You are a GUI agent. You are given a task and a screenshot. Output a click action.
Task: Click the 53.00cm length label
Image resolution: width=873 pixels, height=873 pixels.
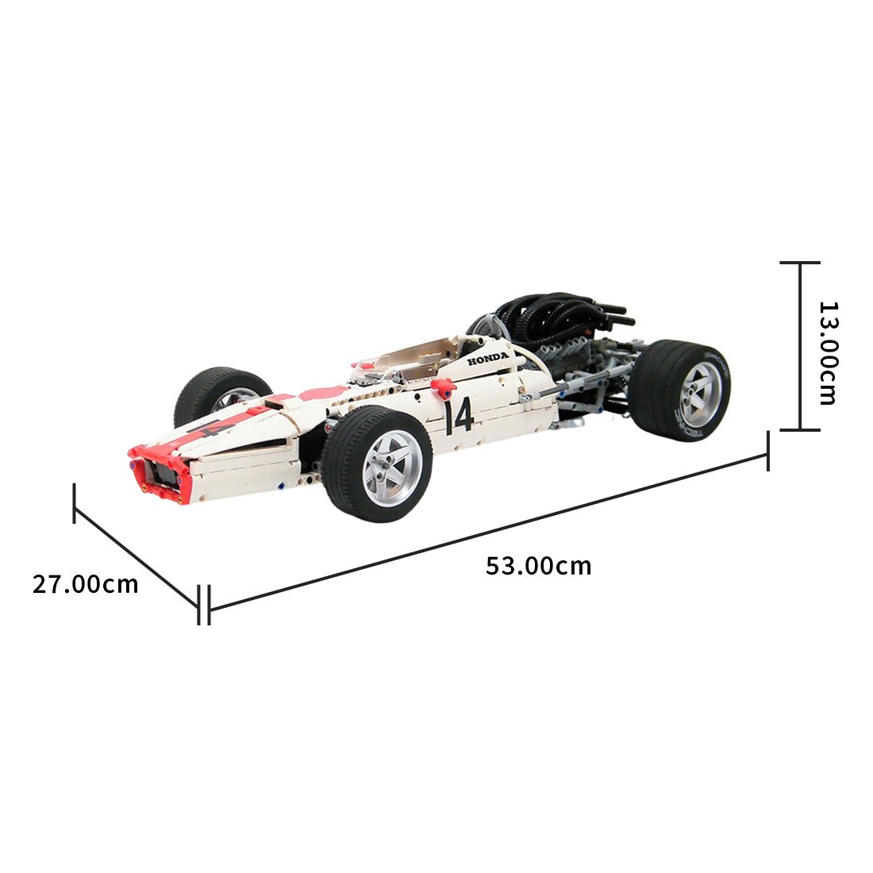click(x=538, y=566)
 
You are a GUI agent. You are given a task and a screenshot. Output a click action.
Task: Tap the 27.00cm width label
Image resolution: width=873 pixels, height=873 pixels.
click(x=85, y=584)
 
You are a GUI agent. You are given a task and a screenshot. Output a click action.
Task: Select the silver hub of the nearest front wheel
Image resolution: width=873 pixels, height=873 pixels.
click(x=392, y=467)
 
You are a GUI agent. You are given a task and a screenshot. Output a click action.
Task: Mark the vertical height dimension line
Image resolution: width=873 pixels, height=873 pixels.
click(x=799, y=346)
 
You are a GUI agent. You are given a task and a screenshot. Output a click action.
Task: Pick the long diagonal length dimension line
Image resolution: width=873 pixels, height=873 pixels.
click(x=488, y=533)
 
